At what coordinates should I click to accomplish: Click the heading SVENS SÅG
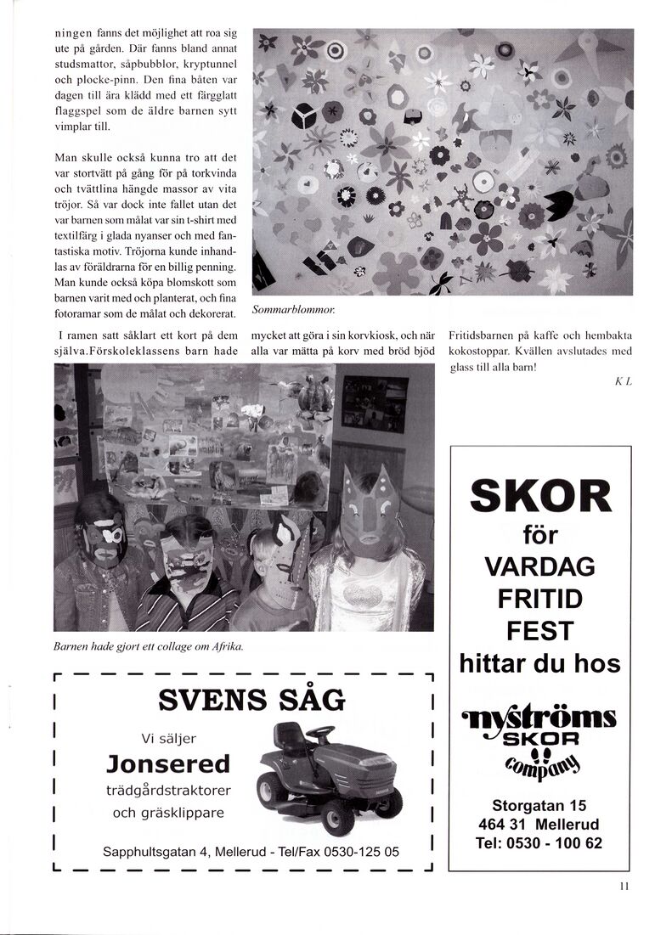click(251, 700)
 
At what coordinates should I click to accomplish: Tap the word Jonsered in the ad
click(168, 763)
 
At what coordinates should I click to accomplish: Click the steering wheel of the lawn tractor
click(320, 730)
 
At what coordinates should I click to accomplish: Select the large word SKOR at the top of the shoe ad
click(539, 496)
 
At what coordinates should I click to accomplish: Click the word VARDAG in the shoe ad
click(539, 566)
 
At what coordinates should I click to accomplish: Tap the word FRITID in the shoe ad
click(539, 599)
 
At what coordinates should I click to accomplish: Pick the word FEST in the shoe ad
click(539, 631)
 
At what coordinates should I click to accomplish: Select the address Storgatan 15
click(539, 806)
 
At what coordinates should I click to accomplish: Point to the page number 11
click(624, 887)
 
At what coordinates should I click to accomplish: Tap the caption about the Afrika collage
click(149, 647)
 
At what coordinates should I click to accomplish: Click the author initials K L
click(623, 382)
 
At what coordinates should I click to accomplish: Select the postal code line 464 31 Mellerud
click(539, 825)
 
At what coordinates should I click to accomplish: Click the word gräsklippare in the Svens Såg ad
click(168, 813)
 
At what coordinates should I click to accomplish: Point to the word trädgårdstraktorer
click(168, 790)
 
